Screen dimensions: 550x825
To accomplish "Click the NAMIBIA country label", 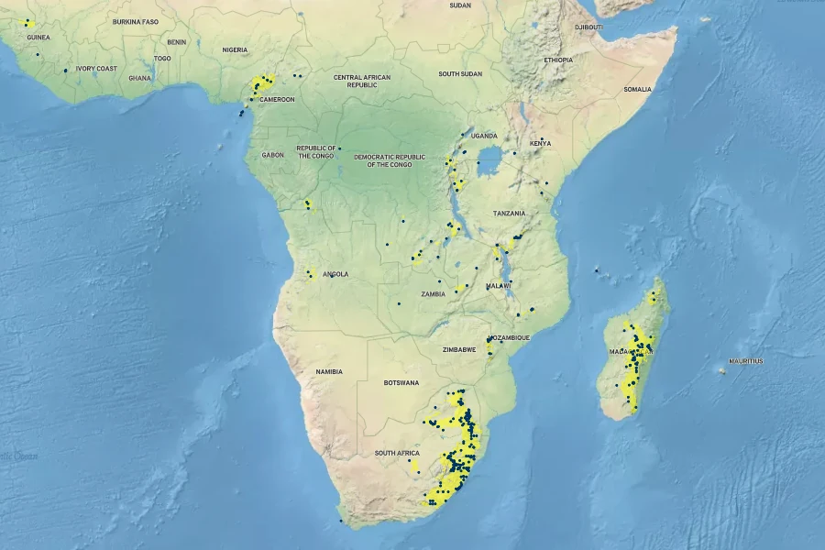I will pyautogui.click(x=328, y=371).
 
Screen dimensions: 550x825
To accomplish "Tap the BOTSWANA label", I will pyautogui.click(x=401, y=382).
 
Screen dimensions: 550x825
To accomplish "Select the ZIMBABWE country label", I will pyautogui.click(x=459, y=350).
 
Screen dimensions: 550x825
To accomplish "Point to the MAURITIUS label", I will pyautogui.click(x=745, y=361).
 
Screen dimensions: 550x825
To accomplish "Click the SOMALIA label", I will pyautogui.click(x=637, y=89).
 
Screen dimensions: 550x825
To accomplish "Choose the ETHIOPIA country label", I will pyautogui.click(x=557, y=60).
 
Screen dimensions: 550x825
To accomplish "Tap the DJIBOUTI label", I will pyautogui.click(x=588, y=27).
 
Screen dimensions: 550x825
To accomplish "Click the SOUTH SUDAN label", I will pyautogui.click(x=460, y=74).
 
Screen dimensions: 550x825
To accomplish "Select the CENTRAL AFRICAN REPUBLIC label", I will pyautogui.click(x=362, y=81).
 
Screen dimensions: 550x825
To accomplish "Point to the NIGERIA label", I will pyautogui.click(x=235, y=49).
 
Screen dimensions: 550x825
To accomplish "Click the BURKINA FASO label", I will pyautogui.click(x=136, y=21).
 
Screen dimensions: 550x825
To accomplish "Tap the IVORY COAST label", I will pyautogui.click(x=97, y=69).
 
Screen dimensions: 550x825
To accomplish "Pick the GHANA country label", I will pyautogui.click(x=140, y=78).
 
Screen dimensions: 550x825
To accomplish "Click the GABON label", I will pyautogui.click(x=273, y=155).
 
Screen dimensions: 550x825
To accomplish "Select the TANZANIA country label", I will pyautogui.click(x=510, y=214).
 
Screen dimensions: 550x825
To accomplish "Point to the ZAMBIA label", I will pyautogui.click(x=434, y=294).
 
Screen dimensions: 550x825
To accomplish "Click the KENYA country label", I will pyautogui.click(x=541, y=143).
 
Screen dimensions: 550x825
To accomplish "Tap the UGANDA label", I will pyautogui.click(x=484, y=136).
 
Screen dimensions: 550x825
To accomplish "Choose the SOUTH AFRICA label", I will pyautogui.click(x=397, y=454).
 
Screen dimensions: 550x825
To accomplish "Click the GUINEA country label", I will pyautogui.click(x=38, y=38).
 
